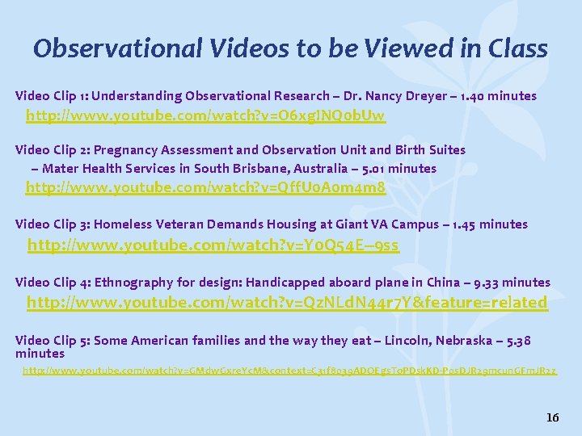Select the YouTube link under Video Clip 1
(x=205, y=116)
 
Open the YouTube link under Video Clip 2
(x=205, y=188)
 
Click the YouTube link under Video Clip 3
(x=213, y=244)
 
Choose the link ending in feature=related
(x=287, y=303)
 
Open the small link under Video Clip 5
(x=289, y=371)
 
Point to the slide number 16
(x=552, y=417)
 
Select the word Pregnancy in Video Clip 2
(x=129, y=149)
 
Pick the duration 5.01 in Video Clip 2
(x=403, y=169)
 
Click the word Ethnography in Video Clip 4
(x=131, y=283)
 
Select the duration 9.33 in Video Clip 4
(x=486, y=283)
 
